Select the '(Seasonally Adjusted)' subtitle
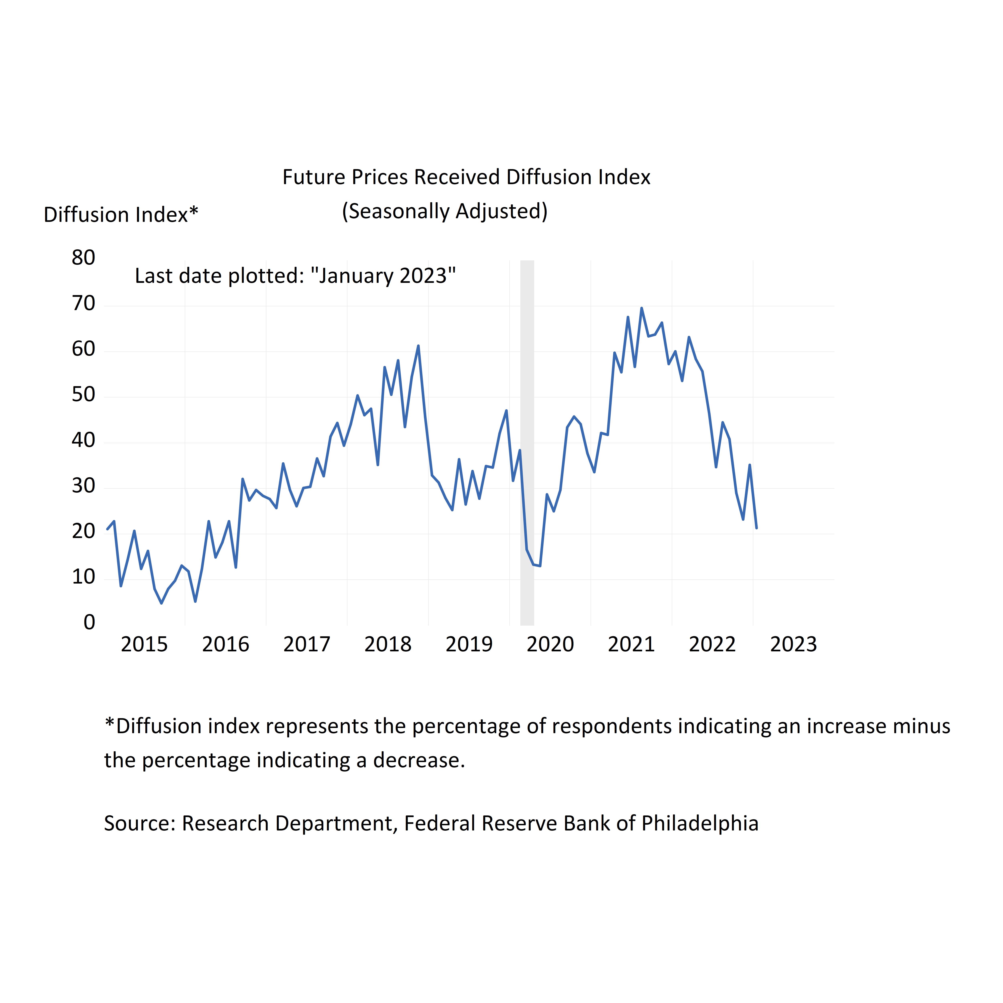coord(444,211)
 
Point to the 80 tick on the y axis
coord(84,258)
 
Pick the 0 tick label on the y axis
coord(89,622)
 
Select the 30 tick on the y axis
coord(84,486)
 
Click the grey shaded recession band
coord(527,441)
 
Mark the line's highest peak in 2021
coord(642,308)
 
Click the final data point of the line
coord(756,528)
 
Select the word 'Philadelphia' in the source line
coord(700,823)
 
